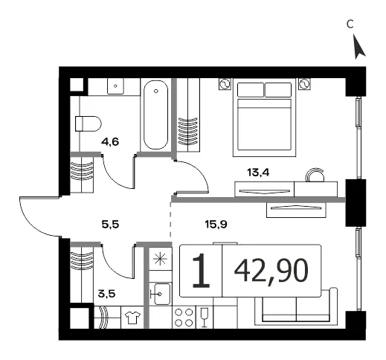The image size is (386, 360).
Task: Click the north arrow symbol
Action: pyautogui.click(x=358, y=47)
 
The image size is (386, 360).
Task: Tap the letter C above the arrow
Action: pyautogui.click(x=350, y=24)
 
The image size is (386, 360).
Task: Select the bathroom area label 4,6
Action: pyautogui.click(x=110, y=142)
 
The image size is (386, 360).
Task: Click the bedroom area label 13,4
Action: pyautogui.click(x=258, y=172)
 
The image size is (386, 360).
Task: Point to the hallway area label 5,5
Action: pyautogui.click(x=110, y=225)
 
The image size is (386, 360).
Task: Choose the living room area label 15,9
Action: pyautogui.click(x=216, y=225)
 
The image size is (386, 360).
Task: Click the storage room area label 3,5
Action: pyautogui.click(x=106, y=294)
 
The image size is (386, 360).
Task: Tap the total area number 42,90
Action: pyautogui.click(x=271, y=271)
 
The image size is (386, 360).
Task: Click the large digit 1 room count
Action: pyautogui.click(x=202, y=271)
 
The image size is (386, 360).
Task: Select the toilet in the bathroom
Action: pyautogui.click(x=89, y=123)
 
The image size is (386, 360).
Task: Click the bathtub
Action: pyautogui.click(x=156, y=115)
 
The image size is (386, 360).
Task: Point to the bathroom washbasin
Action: pyautogui.click(x=115, y=86)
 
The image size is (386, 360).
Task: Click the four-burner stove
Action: pyautogui.click(x=184, y=317)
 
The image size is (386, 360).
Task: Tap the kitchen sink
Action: pyautogui.click(x=160, y=295)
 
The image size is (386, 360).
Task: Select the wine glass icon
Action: pyautogui.click(x=205, y=318)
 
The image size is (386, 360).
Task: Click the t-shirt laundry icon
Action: pyautogui.click(x=132, y=318)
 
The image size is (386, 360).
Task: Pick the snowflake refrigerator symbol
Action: pyautogui.click(x=161, y=259)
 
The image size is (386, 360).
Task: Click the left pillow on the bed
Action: pyautogui.click(x=251, y=90)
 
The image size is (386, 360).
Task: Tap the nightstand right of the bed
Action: pyautogui.click(x=305, y=84)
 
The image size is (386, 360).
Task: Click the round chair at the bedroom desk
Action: pyautogui.click(x=315, y=175)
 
